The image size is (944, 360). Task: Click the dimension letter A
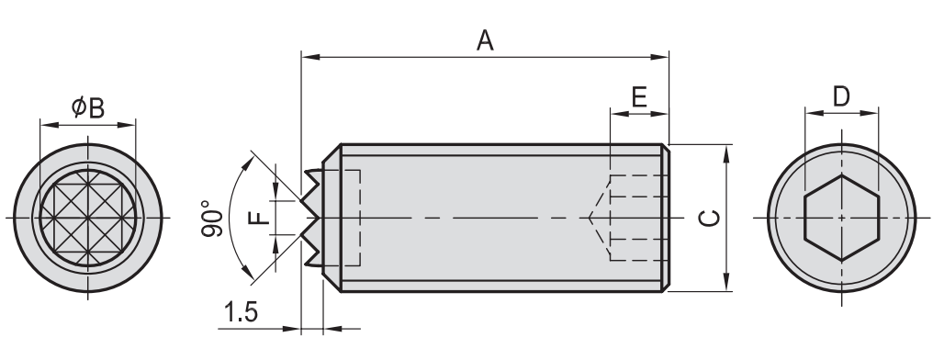485,40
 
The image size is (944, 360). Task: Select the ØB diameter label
88,108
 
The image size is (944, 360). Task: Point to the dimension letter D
841,96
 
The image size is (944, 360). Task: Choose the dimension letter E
639,97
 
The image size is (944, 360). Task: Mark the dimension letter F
260,217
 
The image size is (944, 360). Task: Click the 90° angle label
212,219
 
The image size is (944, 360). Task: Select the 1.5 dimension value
241,312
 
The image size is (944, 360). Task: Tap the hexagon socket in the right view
842,218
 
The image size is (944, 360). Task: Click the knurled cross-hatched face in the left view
88,218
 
